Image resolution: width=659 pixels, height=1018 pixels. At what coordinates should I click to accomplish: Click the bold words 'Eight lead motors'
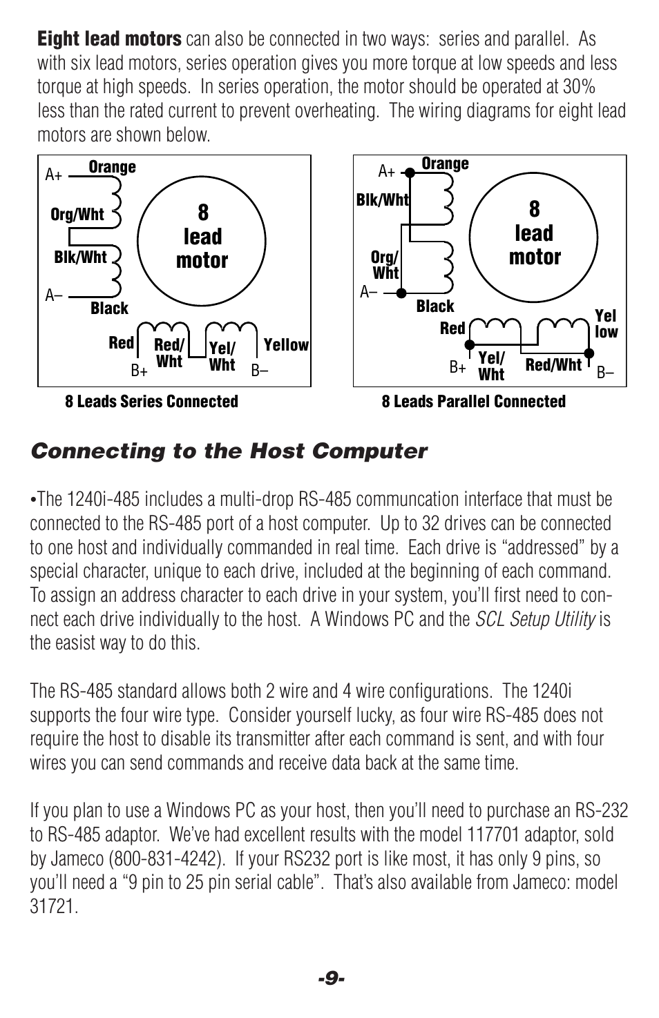(109, 39)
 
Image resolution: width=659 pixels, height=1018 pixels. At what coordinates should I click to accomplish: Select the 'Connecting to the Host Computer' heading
(229, 451)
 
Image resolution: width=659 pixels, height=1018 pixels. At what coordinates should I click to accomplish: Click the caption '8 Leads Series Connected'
(151, 402)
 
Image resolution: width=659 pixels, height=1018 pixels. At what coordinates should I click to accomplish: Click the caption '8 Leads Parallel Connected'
(473, 402)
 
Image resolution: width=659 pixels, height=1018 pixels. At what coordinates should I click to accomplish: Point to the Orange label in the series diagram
(112, 167)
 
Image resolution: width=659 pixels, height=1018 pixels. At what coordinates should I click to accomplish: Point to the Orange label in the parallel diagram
(445, 164)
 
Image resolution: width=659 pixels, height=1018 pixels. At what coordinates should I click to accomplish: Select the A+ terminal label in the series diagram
(54, 175)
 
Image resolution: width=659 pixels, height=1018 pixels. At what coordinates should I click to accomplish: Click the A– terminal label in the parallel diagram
(369, 292)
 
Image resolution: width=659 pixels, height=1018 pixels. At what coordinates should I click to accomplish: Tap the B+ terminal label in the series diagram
(140, 371)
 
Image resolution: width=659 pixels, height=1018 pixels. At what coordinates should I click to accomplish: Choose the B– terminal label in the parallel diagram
(605, 373)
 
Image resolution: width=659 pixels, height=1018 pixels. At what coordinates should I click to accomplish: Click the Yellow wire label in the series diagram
(286, 345)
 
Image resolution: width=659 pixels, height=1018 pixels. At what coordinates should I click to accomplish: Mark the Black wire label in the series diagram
(109, 309)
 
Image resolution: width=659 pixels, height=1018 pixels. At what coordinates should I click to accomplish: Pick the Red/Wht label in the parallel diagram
(553, 365)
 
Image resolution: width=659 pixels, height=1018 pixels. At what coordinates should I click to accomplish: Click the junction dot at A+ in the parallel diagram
(409, 173)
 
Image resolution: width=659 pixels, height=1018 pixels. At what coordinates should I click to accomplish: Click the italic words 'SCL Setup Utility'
(535, 619)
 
